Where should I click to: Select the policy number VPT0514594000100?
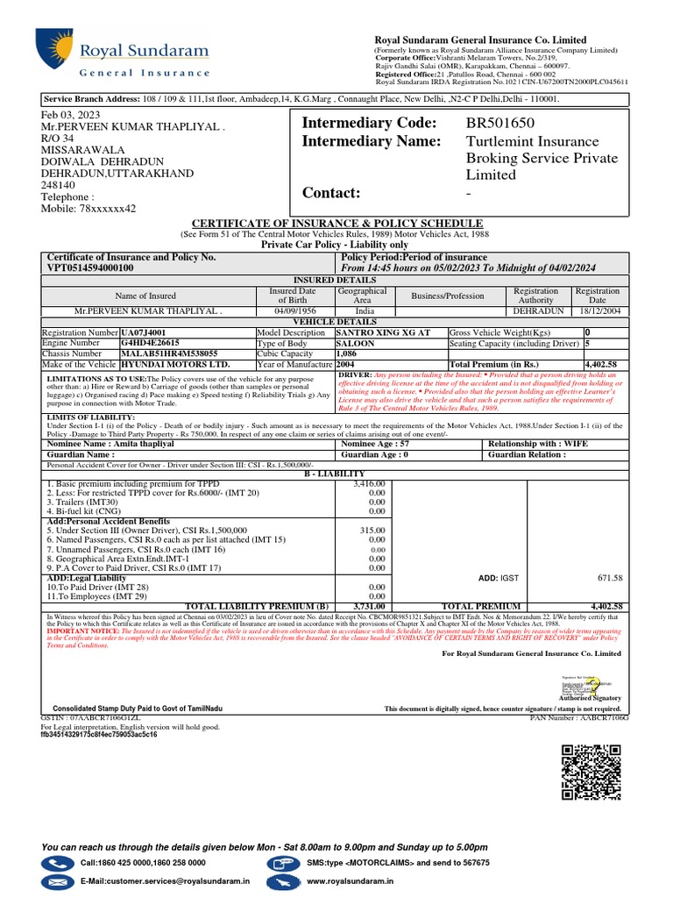point(89,267)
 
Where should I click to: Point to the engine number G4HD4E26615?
point(150,343)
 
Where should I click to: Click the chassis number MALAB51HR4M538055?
point(168,353)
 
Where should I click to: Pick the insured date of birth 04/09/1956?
point(293,311)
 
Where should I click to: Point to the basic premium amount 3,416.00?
point(368,483)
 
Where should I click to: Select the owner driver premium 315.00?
point(372,530)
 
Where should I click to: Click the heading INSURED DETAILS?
point(336,280)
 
